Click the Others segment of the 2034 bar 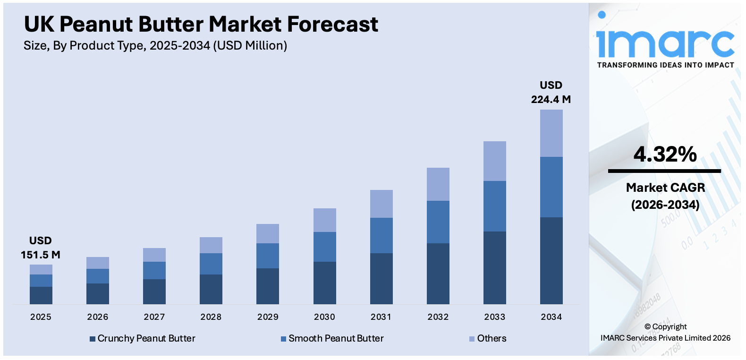coord(551,133)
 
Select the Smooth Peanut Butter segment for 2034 coord(551,187)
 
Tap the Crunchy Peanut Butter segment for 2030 coord(324,283)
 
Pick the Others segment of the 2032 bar coord(438,184)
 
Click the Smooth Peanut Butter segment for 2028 coord(211,264)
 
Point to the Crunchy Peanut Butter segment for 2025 coord(41,295)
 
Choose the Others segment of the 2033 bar coord(494,161)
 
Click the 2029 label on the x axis coord(268,317)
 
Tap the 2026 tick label coord(98,317)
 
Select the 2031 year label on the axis coord(381,317)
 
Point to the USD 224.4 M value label coord(551,93)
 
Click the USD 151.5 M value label coord(41,248)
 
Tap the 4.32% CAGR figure coord(665,154)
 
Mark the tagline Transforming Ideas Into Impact coord(665,65)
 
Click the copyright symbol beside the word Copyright coord(647,327)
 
